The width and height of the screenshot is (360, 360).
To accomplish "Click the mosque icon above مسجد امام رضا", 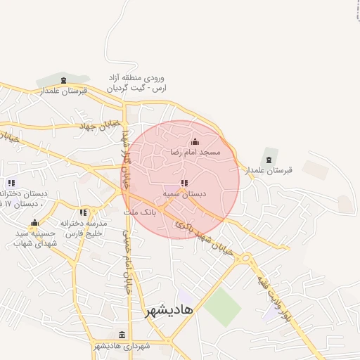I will [x=195, y=142].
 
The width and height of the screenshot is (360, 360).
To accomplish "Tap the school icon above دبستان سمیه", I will [x=184, y=183].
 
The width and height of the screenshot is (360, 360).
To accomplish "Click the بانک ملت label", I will [x=139, y=211].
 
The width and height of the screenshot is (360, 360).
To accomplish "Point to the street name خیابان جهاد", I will [x=96, y=126].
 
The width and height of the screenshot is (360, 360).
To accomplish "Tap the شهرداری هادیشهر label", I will [x=122, y=346].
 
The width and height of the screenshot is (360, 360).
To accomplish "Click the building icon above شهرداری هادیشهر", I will [x=122, y=335].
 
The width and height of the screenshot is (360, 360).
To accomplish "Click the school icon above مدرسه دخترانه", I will [x=83, y=212].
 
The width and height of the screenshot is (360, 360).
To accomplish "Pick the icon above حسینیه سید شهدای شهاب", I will [x=34, y=223].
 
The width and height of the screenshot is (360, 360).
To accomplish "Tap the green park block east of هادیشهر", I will [x=223, y=307].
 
